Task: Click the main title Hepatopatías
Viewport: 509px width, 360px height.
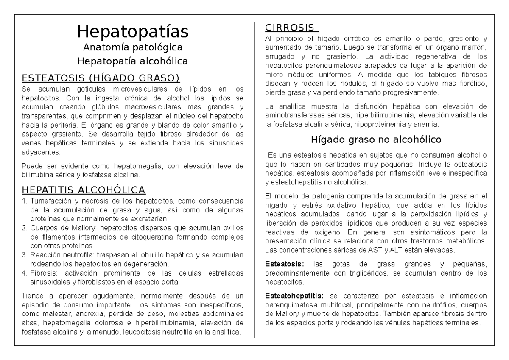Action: click(x=133, y=31)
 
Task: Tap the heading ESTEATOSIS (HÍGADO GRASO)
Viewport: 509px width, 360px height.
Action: click(x=101, y=78)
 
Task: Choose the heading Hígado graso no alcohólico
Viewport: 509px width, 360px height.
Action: click(x=376, y=139)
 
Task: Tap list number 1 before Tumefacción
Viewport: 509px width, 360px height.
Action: click(x=25, y=200)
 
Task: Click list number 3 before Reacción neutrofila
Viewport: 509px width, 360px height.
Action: click(x=25, y=254)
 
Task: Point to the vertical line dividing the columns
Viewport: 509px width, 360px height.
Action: click(x=255, y=178)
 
